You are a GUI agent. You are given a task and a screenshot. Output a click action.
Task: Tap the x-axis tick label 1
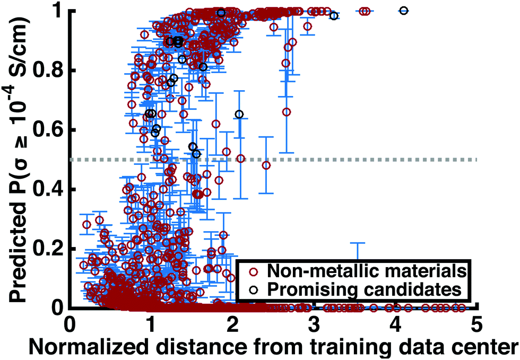pos(151,323)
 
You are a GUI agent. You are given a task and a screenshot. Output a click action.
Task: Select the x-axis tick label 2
pos(232,323)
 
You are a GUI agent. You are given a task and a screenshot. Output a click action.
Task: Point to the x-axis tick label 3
pos(314,323)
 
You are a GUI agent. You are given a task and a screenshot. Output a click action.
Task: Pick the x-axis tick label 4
pos(395,323)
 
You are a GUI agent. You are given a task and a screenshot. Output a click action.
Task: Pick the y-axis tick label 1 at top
pos(59,11)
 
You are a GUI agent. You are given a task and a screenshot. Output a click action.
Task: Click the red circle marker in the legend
pos(253,271)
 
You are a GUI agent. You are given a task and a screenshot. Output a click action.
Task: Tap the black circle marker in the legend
pos(253,289)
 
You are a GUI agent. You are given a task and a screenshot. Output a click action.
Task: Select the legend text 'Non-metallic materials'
pos(366,271)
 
